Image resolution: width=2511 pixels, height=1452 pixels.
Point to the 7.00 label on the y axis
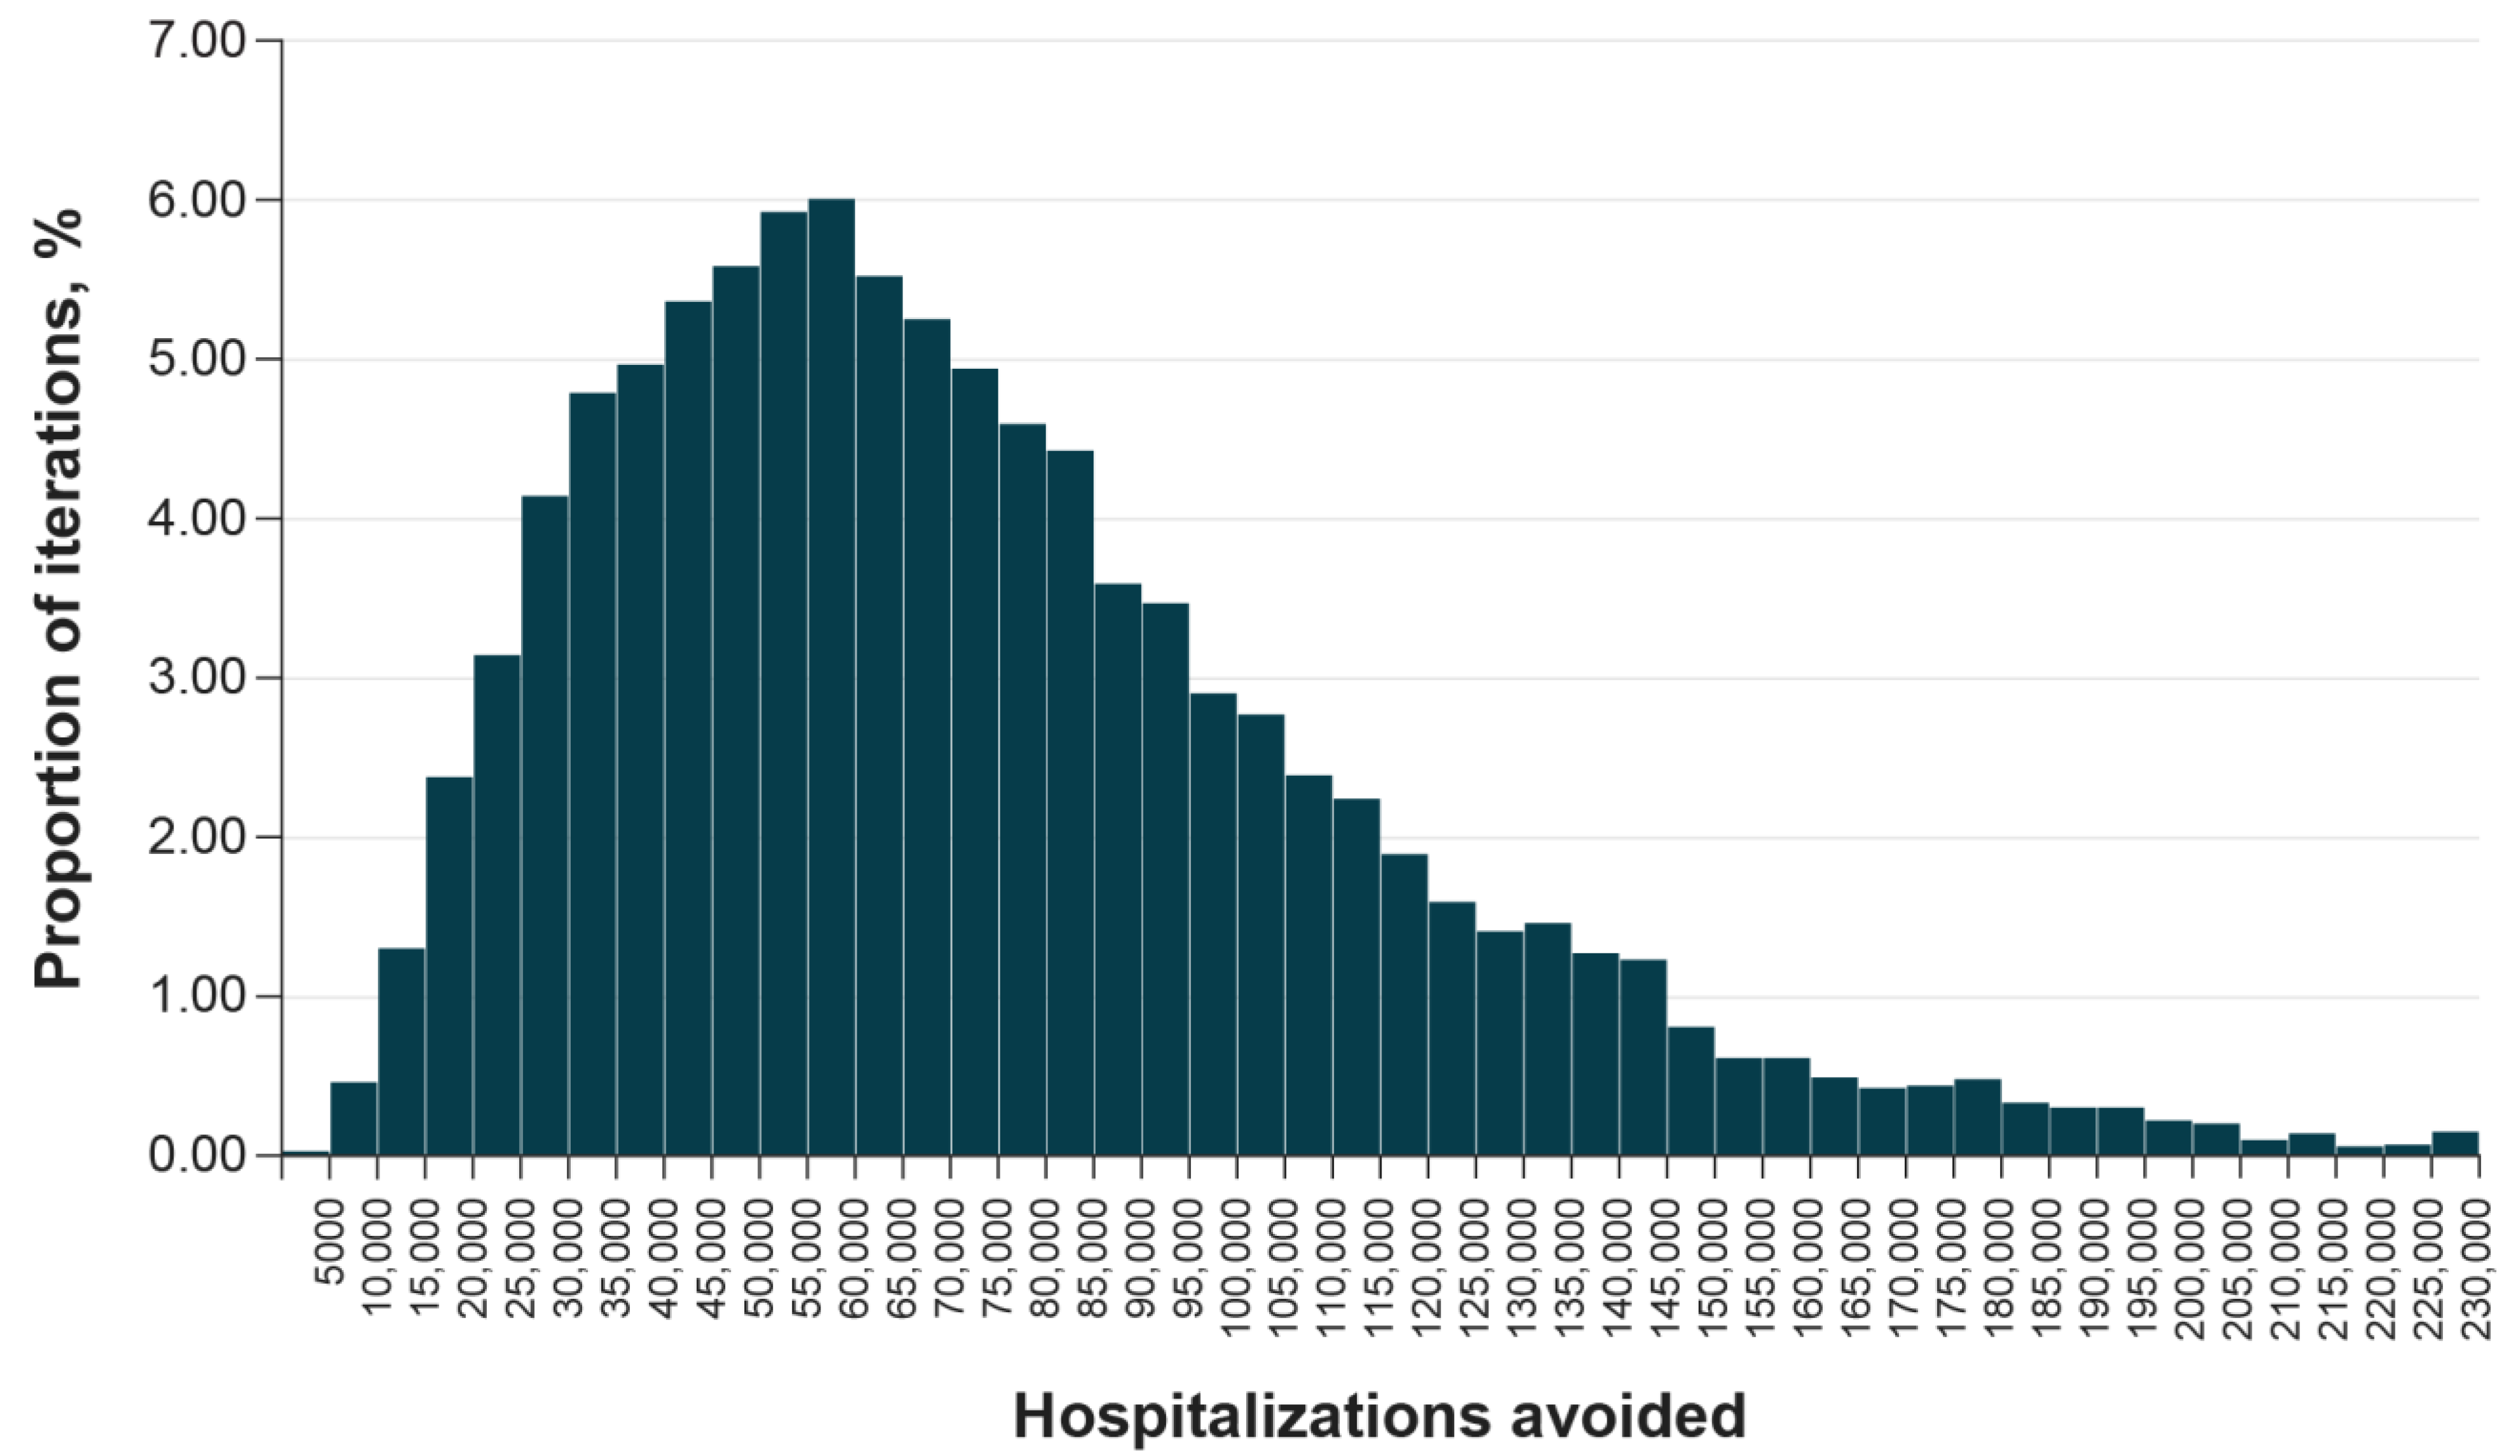[x=196, y=42]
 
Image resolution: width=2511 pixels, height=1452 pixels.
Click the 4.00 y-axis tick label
[x=196, y=519]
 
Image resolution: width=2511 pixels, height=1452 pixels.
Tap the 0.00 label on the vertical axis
[x=196, y=1156]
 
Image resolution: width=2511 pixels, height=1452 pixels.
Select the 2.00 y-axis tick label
[x=196, y=837]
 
